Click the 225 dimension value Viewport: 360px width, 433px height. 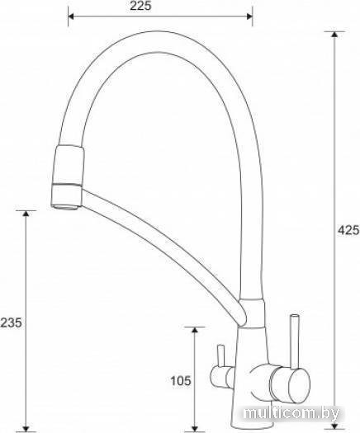pos(141,6)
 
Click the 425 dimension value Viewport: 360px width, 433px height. pos(348,230)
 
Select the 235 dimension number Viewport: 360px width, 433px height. pos(11,322)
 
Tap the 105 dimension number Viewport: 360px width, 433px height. pos(181,381)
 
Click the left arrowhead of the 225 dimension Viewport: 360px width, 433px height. pos(71,16)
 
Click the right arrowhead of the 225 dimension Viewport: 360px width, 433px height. pos(249,16)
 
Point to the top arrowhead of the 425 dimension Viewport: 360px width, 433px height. pos(334,35)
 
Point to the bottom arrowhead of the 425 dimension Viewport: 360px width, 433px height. pos(334,425)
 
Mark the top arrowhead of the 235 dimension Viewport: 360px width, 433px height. pos(26,214)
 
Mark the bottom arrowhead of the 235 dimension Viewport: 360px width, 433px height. pos(26,427)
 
